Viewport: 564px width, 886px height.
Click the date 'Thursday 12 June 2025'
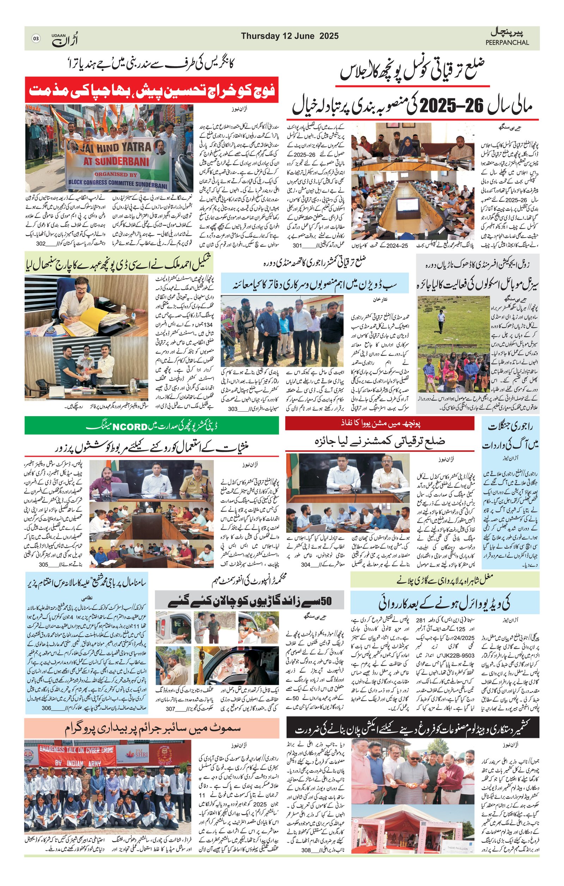[x=289, y=36]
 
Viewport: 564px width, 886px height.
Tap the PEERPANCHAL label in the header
[x=507, y=42]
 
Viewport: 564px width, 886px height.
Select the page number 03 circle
[x=36, y=38]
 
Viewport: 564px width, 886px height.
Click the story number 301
[x=297, y=245]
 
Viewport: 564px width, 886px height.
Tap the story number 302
[x=41, y=244]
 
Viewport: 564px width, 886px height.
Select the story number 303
[x=233, y=409]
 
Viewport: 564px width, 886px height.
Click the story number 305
[x=43, y=565]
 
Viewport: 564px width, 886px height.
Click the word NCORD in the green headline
[x=130, y=427]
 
